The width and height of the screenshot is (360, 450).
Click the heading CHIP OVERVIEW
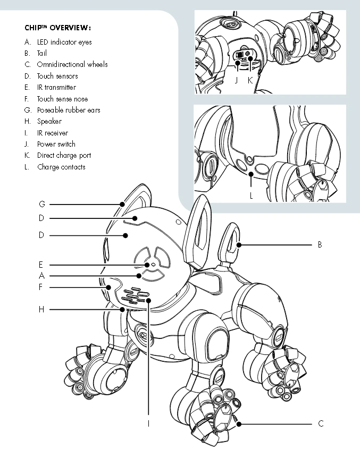58,28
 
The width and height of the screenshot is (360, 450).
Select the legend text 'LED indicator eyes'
64,42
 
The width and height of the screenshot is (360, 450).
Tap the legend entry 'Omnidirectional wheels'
72,64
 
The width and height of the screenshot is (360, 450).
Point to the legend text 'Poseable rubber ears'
69,110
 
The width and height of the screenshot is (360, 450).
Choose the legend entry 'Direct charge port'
64,156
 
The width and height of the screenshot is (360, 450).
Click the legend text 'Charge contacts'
61,167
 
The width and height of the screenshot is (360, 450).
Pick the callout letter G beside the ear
42,204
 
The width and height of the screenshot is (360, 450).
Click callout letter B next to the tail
320,245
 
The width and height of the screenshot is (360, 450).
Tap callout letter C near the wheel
321,423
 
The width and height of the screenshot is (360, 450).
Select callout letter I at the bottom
148,423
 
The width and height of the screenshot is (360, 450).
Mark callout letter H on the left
41,309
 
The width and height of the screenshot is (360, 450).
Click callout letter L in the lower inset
252,196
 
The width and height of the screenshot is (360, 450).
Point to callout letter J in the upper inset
237,80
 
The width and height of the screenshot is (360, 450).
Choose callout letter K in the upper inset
250,80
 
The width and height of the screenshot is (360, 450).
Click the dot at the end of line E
147,265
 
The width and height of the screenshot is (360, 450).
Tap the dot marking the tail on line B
239,245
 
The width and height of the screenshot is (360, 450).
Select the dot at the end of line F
108,287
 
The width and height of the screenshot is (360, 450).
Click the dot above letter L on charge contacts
251,174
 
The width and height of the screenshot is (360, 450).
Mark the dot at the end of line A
139,276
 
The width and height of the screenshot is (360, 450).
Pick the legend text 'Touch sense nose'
62,99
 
